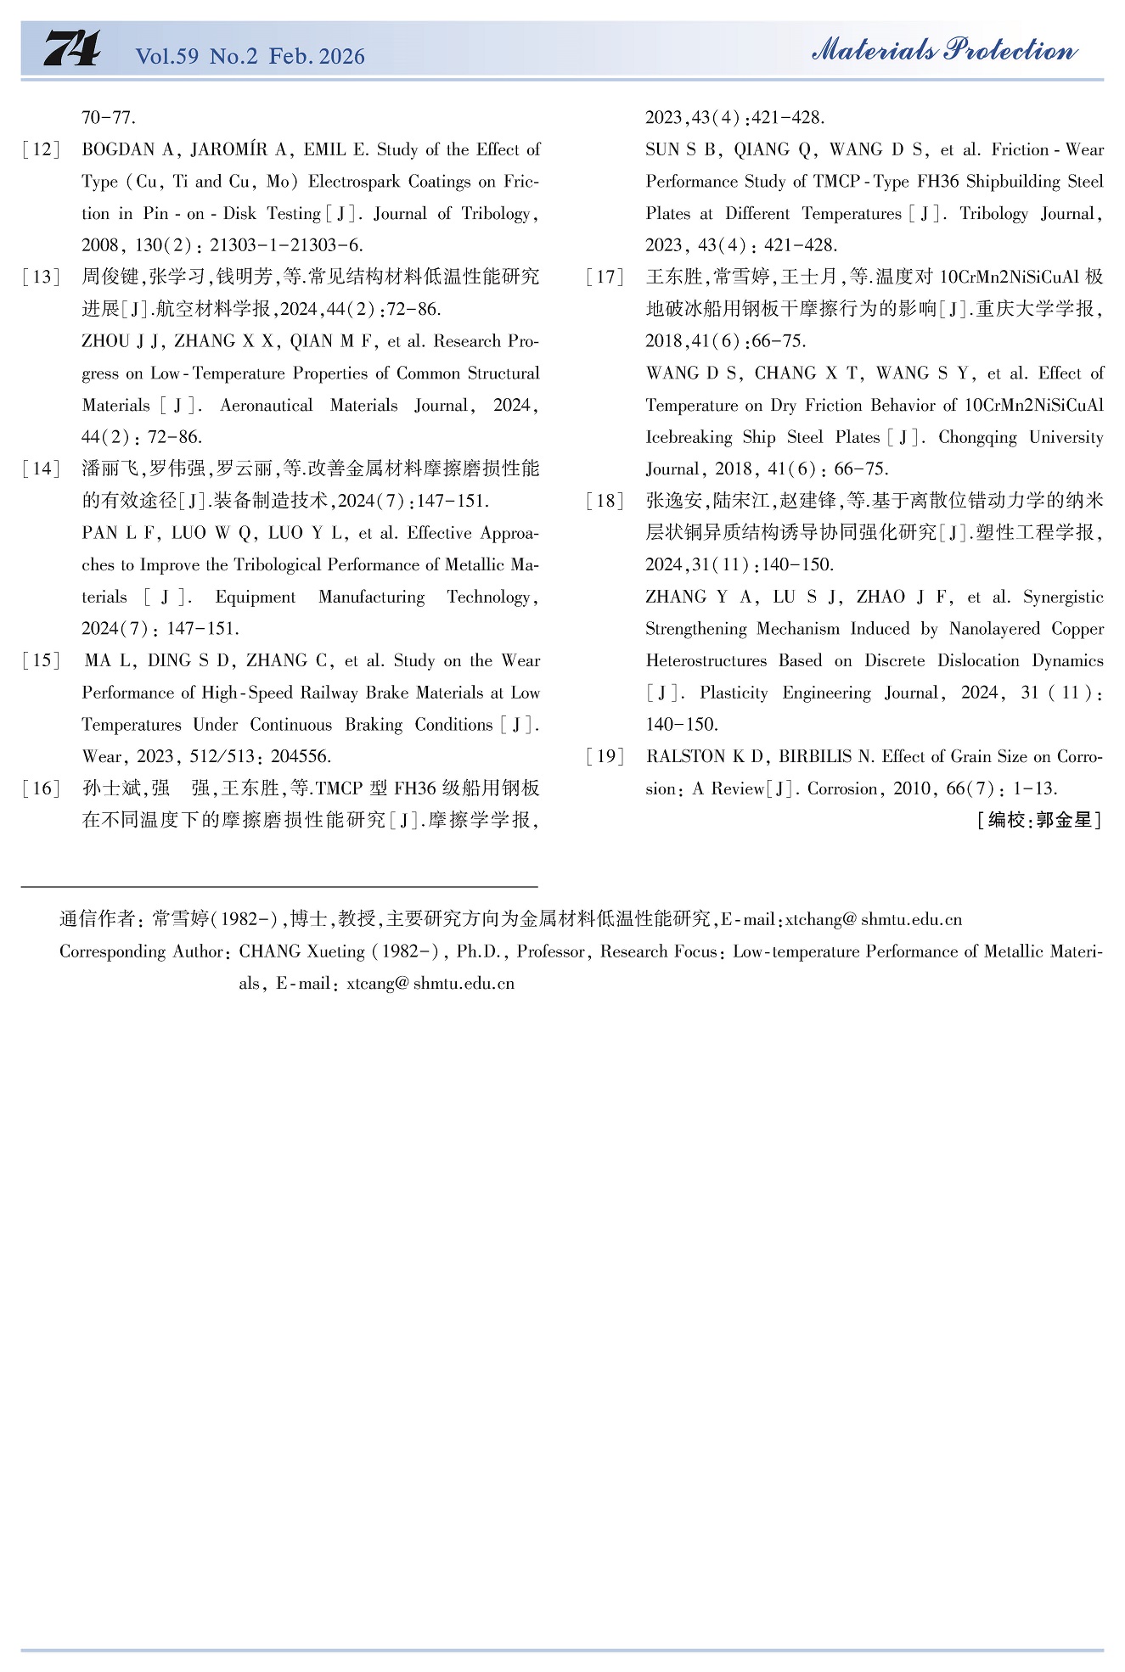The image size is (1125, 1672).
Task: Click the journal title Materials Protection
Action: tap(944, 50)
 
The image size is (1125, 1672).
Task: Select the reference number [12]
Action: tap(42, 150)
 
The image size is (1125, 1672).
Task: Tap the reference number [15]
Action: tap(42, 661)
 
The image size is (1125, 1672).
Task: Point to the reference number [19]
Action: tap(605, 757)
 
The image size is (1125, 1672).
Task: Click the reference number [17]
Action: tap(605, 278)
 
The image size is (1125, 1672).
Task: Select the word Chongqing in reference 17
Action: tap(977, 438)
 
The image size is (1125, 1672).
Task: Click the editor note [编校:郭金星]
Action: tap(1038, 820)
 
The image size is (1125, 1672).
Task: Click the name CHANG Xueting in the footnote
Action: tap(301, 951)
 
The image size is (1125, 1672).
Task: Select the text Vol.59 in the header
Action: tap(167, 57)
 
